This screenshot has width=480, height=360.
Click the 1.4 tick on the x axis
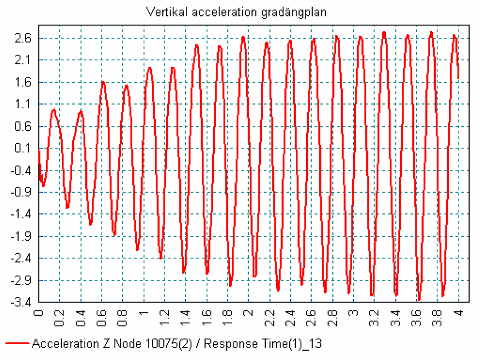coord(186,318)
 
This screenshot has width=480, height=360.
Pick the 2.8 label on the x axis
coord(333,318)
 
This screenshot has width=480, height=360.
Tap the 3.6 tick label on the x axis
coord(417,318)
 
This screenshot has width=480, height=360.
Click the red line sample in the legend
coord(17,343)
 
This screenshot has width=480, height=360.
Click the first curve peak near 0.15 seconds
coord(54,110)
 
